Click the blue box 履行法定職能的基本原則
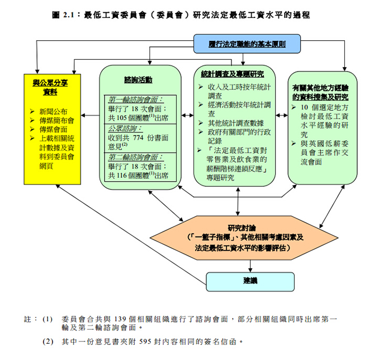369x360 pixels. click(x=247, y=44)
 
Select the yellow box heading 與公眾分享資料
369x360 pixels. click(x=50, y=87)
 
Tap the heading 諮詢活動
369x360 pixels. click(x=139, y=80)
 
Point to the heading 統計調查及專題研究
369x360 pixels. click(x=232, y=74)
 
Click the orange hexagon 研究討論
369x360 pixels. click(x=244, y=238)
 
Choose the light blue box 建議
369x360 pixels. click(x=250, y=282)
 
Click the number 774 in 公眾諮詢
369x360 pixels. click(x=138, y=138)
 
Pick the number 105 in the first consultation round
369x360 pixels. click(x=122, y=117)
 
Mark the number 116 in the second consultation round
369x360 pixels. click(x=122, y=176)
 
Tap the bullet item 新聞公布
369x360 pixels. click(x=53, y=111)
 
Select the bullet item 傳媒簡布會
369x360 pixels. click(x=56, y=121)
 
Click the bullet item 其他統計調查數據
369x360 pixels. click(x=236, y=123)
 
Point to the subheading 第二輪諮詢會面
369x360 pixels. click(x=135, y=157)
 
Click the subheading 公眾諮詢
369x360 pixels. click(x=125, y=129)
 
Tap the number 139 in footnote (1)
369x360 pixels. click(x=120, y=319)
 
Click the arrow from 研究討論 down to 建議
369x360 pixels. click(x=250, y=266)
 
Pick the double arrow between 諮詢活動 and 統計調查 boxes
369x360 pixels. click(x=187, y=115)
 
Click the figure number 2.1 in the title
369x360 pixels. click(x=68, y=15)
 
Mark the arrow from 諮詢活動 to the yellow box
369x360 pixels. click(x=90, y=115)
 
